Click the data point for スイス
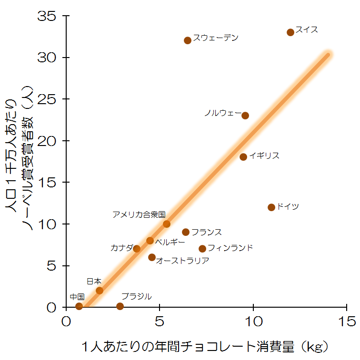(x=290, y=32)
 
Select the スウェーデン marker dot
(x=188, y=40)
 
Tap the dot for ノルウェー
(x=245, y=116)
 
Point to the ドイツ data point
(x=271, y=207)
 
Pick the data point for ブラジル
(x=120, y=306)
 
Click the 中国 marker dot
(x=79, y=306)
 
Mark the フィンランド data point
(x=202, y=249)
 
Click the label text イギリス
(x=264, y=156)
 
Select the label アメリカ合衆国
(x=139, y=214)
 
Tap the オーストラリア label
(x=183, y=261)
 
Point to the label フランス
(x=206, y=232)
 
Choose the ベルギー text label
(x=170, y=242)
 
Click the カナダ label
(x=122, y=248)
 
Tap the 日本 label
(x=94, y=281)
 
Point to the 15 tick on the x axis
(x=347, y=322)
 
